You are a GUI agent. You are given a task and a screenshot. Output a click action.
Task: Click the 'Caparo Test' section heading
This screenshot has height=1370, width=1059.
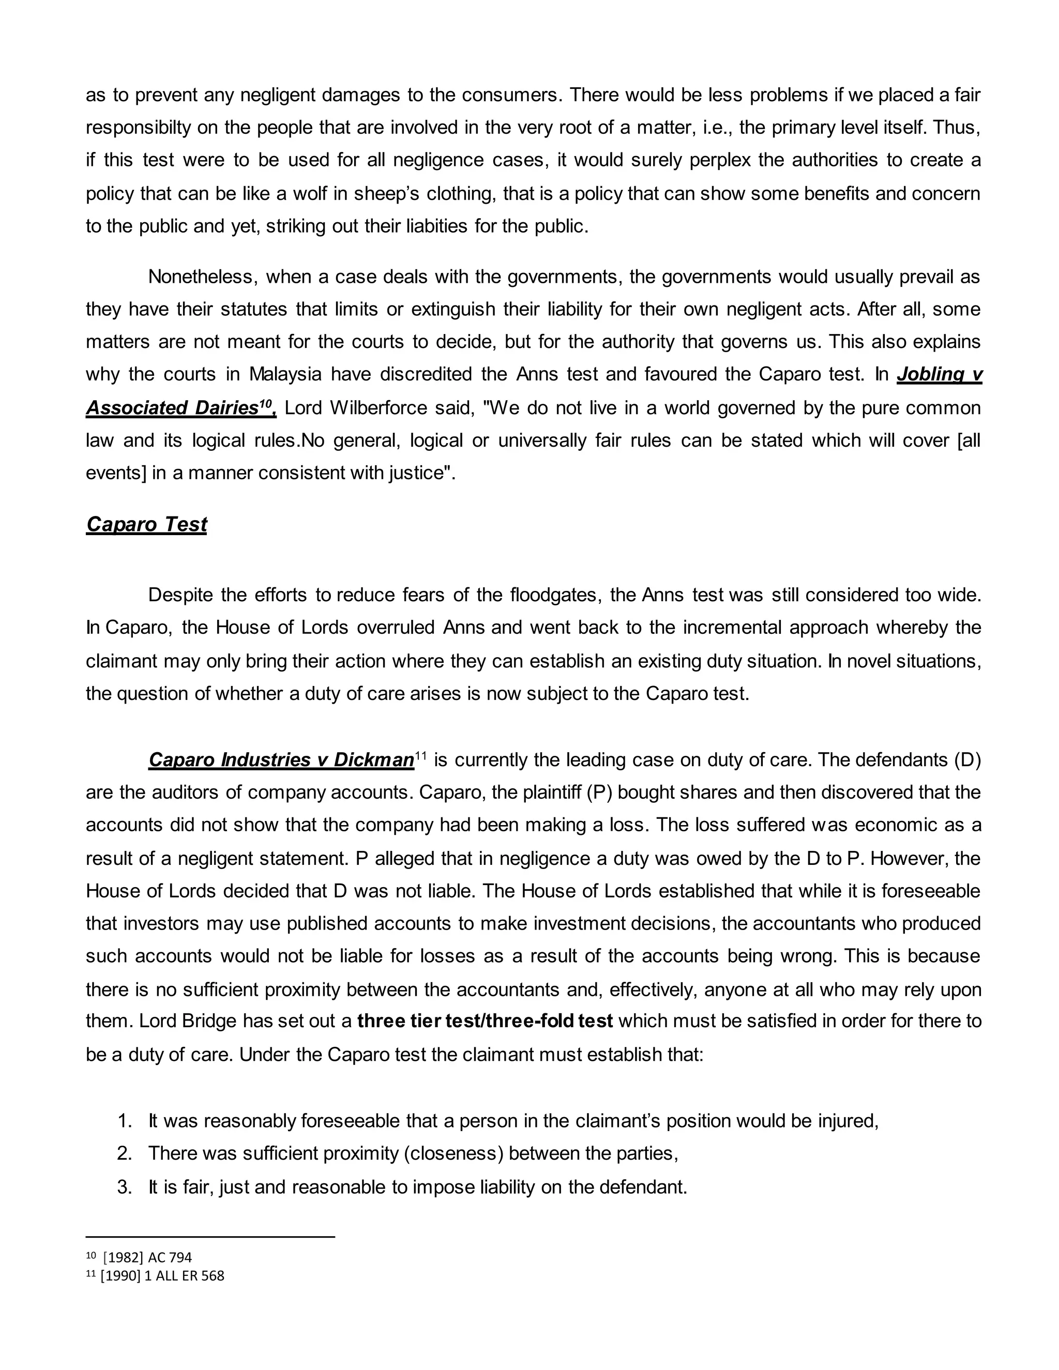pos(146,524)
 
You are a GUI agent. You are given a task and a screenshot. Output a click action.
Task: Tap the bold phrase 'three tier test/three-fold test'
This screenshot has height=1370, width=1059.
pos(485,1021)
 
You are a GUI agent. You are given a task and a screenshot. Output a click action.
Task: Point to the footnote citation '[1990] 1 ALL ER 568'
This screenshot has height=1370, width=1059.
pos(162,1275)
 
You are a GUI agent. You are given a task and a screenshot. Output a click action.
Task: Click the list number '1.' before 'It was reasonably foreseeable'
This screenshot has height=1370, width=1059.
pos(125,1120)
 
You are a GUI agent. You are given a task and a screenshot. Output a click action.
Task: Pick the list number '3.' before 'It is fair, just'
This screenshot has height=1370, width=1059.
pos(125,1187)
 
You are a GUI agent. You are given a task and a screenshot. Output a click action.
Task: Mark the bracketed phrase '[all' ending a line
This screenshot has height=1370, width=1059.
pos(969,440)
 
